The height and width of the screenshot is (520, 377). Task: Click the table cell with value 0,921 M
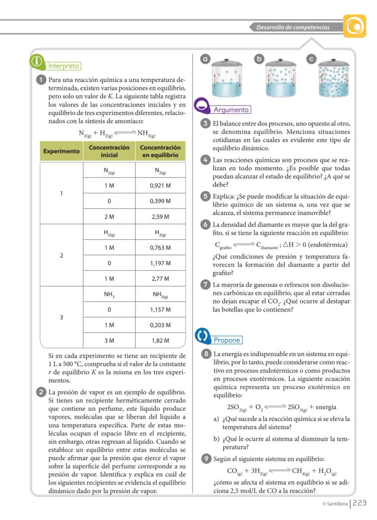point(160,186)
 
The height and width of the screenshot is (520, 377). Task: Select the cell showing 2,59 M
point(160,217)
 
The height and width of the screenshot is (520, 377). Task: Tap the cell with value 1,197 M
point(160,263)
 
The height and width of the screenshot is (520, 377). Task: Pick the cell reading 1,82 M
point(160,340)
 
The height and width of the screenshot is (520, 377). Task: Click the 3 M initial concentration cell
point(109,340)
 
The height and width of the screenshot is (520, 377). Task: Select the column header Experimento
point(61,151)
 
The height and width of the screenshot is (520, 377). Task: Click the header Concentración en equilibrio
point(160,151)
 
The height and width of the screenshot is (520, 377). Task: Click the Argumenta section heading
point(231,110)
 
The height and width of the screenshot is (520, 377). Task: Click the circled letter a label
point(206,59)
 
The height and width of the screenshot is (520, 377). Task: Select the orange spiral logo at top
point(354,26)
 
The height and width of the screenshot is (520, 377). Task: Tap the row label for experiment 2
point(61,255)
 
